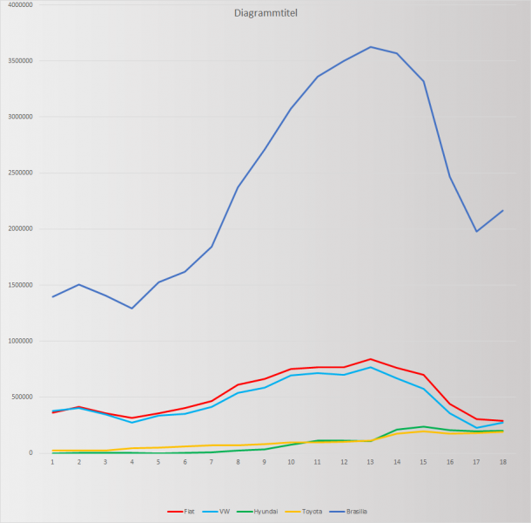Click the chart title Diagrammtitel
click(x=265, y=14)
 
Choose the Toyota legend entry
click(x=311, y=512)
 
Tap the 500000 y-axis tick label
click(x=23, y=397)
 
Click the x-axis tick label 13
click(x=370, y=461)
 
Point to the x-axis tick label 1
click(x=53, y=461)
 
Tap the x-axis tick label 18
click(x=502, y=461)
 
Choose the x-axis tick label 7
click(x=212, y=461)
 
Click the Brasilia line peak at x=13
click(x=370, y=47)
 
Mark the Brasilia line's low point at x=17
click(x=476, y=231)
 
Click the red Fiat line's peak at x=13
click(x=370, y=359)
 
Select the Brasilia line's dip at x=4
click(x=132, y=308)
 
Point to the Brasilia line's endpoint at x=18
click(x=502, y=210)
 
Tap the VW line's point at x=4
click(x=132, y=422)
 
